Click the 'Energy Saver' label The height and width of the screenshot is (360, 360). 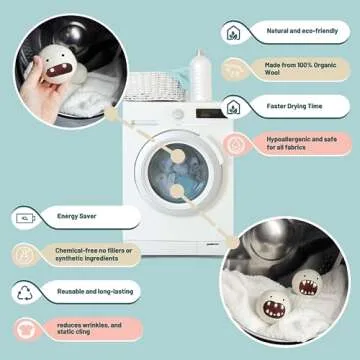point(75,216)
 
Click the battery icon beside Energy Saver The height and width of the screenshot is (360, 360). point(24,216)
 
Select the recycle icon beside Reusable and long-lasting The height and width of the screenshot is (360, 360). point(25,292)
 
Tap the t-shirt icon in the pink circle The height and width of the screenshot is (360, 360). point(25,329)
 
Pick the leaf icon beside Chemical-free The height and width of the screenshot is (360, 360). point(25,254)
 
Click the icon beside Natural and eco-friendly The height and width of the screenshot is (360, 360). point(232,31)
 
